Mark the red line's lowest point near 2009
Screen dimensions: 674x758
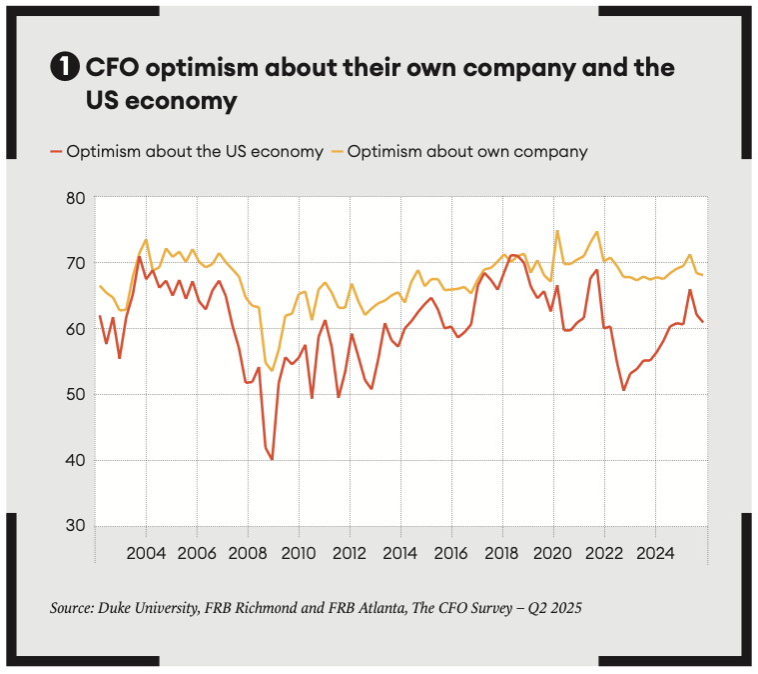pos(272,459)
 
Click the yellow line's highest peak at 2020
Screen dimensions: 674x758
pos(557,231)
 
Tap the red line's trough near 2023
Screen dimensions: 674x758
pos(623,390)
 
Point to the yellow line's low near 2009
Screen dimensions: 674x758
pos(272,370)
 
